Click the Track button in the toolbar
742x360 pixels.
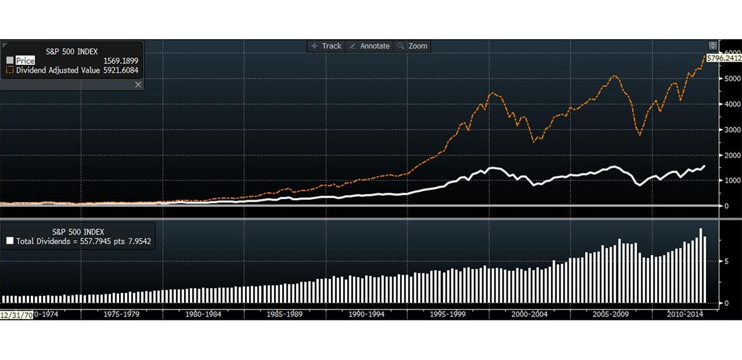(326, 46)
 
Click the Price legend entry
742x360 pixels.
(25, 61)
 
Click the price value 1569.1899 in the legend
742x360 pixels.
(121, 61)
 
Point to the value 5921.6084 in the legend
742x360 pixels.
(121, 70)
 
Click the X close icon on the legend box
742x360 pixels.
(138, 85)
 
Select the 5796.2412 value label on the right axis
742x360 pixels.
(724, 58)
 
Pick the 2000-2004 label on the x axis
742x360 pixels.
(530, 314)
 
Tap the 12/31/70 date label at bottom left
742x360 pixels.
(17, 314)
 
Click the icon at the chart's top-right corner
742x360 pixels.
(713, 46)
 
